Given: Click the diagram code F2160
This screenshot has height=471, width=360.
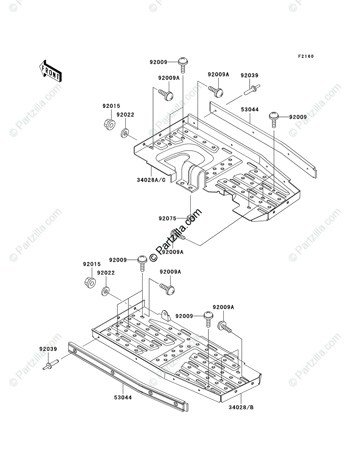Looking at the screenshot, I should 305,57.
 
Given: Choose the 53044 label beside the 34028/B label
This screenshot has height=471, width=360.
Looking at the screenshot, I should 123,397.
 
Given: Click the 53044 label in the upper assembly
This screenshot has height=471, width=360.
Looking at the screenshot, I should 250,110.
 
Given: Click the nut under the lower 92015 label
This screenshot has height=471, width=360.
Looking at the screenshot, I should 90,282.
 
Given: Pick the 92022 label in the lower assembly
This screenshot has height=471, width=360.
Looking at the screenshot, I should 106,272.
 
